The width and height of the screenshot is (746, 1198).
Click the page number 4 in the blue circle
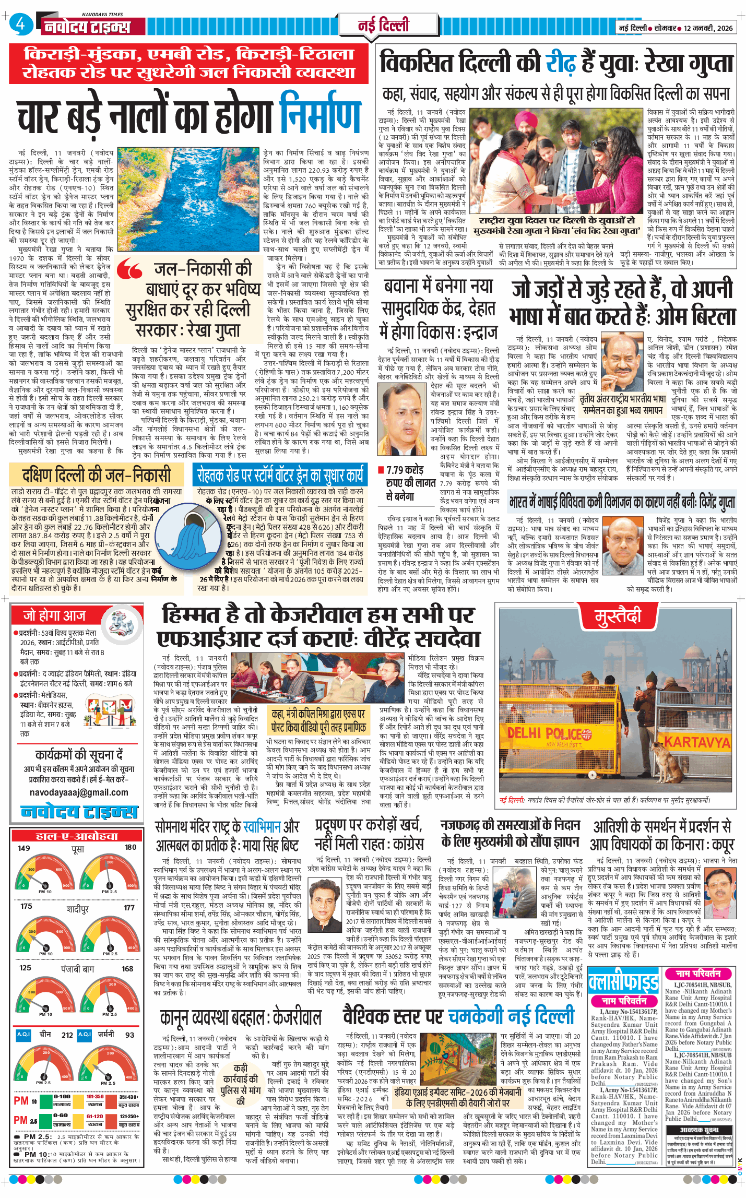[20, 24]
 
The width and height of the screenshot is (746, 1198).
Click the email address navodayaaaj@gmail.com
[79, 792]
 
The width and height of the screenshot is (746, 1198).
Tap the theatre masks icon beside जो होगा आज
[121, 624]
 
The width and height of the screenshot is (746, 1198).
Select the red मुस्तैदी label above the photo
[618, 616]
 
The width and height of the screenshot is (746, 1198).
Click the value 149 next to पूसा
[24, 848]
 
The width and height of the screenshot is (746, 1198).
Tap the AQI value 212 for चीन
[67, 1035]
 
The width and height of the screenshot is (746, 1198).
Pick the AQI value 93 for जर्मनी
[129, 1035]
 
